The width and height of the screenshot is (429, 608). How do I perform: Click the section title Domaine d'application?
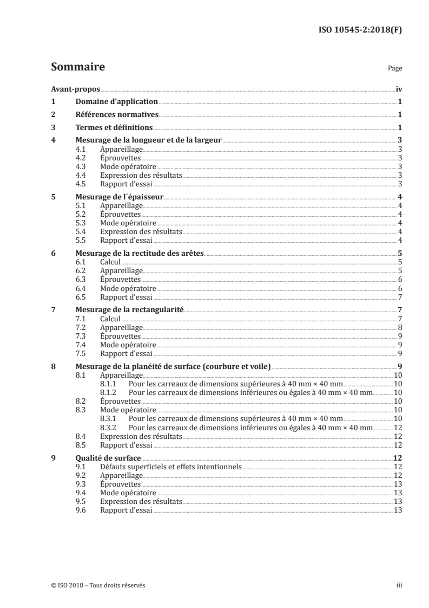pyautogui.click(x=116, y=102)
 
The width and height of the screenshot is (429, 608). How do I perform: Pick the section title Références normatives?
pyautogui.click(x=117, y=115)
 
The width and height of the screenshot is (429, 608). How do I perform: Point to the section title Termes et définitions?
pyautogui.click(x=114, y=128)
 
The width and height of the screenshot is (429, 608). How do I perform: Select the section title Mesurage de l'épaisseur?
pyautogui.click(x=119, y=197)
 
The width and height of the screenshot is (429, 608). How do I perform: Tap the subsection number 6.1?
pyautogui.click(x=81, y=262)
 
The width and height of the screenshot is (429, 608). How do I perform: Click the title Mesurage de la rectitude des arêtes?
pyautogui.click(x=139, y=254)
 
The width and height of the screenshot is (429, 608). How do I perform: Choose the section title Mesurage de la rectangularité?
pyautogui.click(x=130, y=310)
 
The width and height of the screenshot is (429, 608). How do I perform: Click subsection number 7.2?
pyautogui.click(x=81, y=327)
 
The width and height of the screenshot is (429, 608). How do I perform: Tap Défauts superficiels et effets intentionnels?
pyautogui.click(x=170, y=467)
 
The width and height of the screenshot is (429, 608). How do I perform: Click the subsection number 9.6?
pyautogui.click(x=81, y=510)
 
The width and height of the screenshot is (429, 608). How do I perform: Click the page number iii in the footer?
pyautogui.click(x=399, y=585)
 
